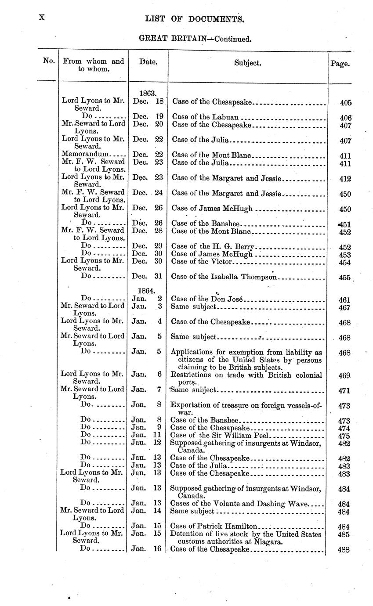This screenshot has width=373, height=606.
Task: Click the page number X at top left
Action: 42,18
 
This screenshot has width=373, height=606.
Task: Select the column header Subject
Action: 248,63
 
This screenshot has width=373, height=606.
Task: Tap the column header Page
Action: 340,64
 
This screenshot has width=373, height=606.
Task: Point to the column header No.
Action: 48,61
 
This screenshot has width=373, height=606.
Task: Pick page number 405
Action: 346,103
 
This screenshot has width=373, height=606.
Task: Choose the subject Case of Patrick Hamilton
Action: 214,526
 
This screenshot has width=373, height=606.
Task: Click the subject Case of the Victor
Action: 201,262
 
